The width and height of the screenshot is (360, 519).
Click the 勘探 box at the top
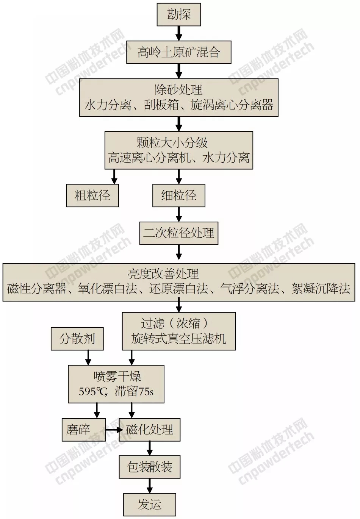click(x=179, y=15)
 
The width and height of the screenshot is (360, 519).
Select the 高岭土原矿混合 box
click(x=179, y=52)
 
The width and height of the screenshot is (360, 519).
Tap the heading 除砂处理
click(x=179, y=90)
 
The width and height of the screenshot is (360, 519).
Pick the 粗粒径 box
click(x=92, y=195)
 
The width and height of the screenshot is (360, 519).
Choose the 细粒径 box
click(x=179, y=195)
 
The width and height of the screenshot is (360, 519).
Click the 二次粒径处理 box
click(x=179, y=233)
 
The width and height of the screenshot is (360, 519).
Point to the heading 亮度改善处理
click(x=163, y=274)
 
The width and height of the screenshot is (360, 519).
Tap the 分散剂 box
click(x=77, y=339)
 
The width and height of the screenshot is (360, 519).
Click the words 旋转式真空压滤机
click(x=179, y=339)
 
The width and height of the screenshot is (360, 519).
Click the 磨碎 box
click(x=79, y=430)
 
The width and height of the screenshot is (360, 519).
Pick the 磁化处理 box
click(x=150, y=430)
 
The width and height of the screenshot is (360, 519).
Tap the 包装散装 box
click(x=150, y=467)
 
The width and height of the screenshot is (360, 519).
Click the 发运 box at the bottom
click(x=150, y=505)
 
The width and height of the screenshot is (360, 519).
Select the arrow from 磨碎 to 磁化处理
click(x=113, y=430)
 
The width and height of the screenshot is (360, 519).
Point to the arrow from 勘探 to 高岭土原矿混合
click(x=179, y=33)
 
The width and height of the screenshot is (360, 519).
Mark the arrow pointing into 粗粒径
click(x=114, y=177)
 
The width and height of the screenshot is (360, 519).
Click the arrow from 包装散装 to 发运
click(x=150, y=486)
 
